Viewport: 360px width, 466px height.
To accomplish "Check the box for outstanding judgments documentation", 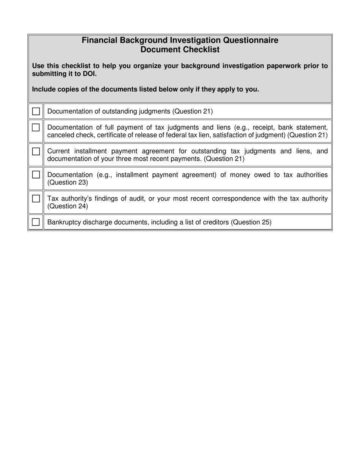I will (x=36, y=111).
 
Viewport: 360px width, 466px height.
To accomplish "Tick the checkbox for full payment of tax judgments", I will (x=36, y=127).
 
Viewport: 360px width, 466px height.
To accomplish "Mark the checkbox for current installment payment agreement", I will (x=36, y=151).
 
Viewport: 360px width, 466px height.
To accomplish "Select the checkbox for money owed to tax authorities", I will (x=36, y=175).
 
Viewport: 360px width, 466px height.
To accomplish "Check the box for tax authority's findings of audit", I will (x=36, y=199).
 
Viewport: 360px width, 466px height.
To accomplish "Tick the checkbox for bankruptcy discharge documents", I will (x=36, y=222).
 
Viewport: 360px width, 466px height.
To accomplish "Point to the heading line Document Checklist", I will (x=180, y=50).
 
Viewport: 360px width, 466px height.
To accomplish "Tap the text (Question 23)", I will (x=67, y=183).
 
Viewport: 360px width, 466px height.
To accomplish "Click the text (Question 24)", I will (x=67, y=206).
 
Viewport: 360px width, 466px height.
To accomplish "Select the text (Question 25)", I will (x=251, y=222).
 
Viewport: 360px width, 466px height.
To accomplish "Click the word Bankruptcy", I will (x=64, y=222).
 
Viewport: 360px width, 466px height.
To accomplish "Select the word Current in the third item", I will (x=58, y=151).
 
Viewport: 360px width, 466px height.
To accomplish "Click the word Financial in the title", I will (x=99, y=40).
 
